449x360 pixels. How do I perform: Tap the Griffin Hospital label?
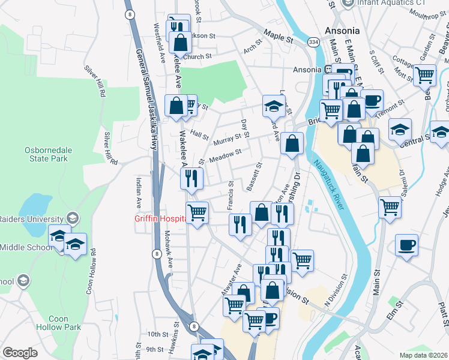[x=159, y=219]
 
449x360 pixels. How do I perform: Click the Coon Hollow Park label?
[x=65, y=323]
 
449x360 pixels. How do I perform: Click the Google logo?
[x=20, y=352]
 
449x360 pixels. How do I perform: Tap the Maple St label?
[x=277, y=38]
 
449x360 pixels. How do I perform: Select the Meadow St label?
[x=225, y=155]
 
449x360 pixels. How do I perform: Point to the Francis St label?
[x=231, y=197]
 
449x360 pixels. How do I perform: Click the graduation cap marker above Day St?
[x=274, y=106]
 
